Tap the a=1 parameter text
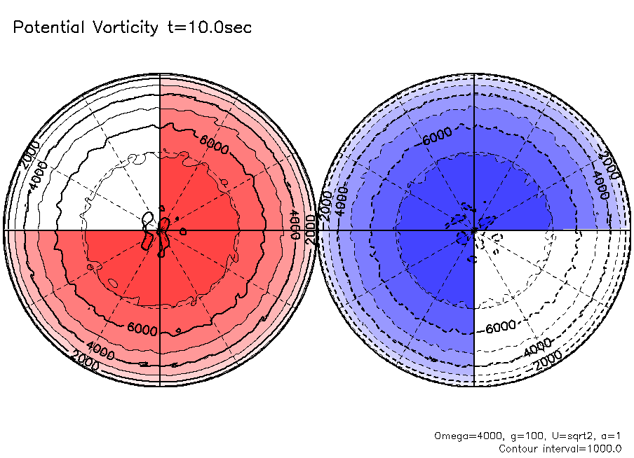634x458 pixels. coord(610,436)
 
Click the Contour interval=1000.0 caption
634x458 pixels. coord(560,447)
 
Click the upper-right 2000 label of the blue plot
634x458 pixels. coord(609,165)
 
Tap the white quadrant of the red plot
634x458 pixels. coord(112,182)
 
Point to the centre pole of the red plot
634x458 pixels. coord(160,230)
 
